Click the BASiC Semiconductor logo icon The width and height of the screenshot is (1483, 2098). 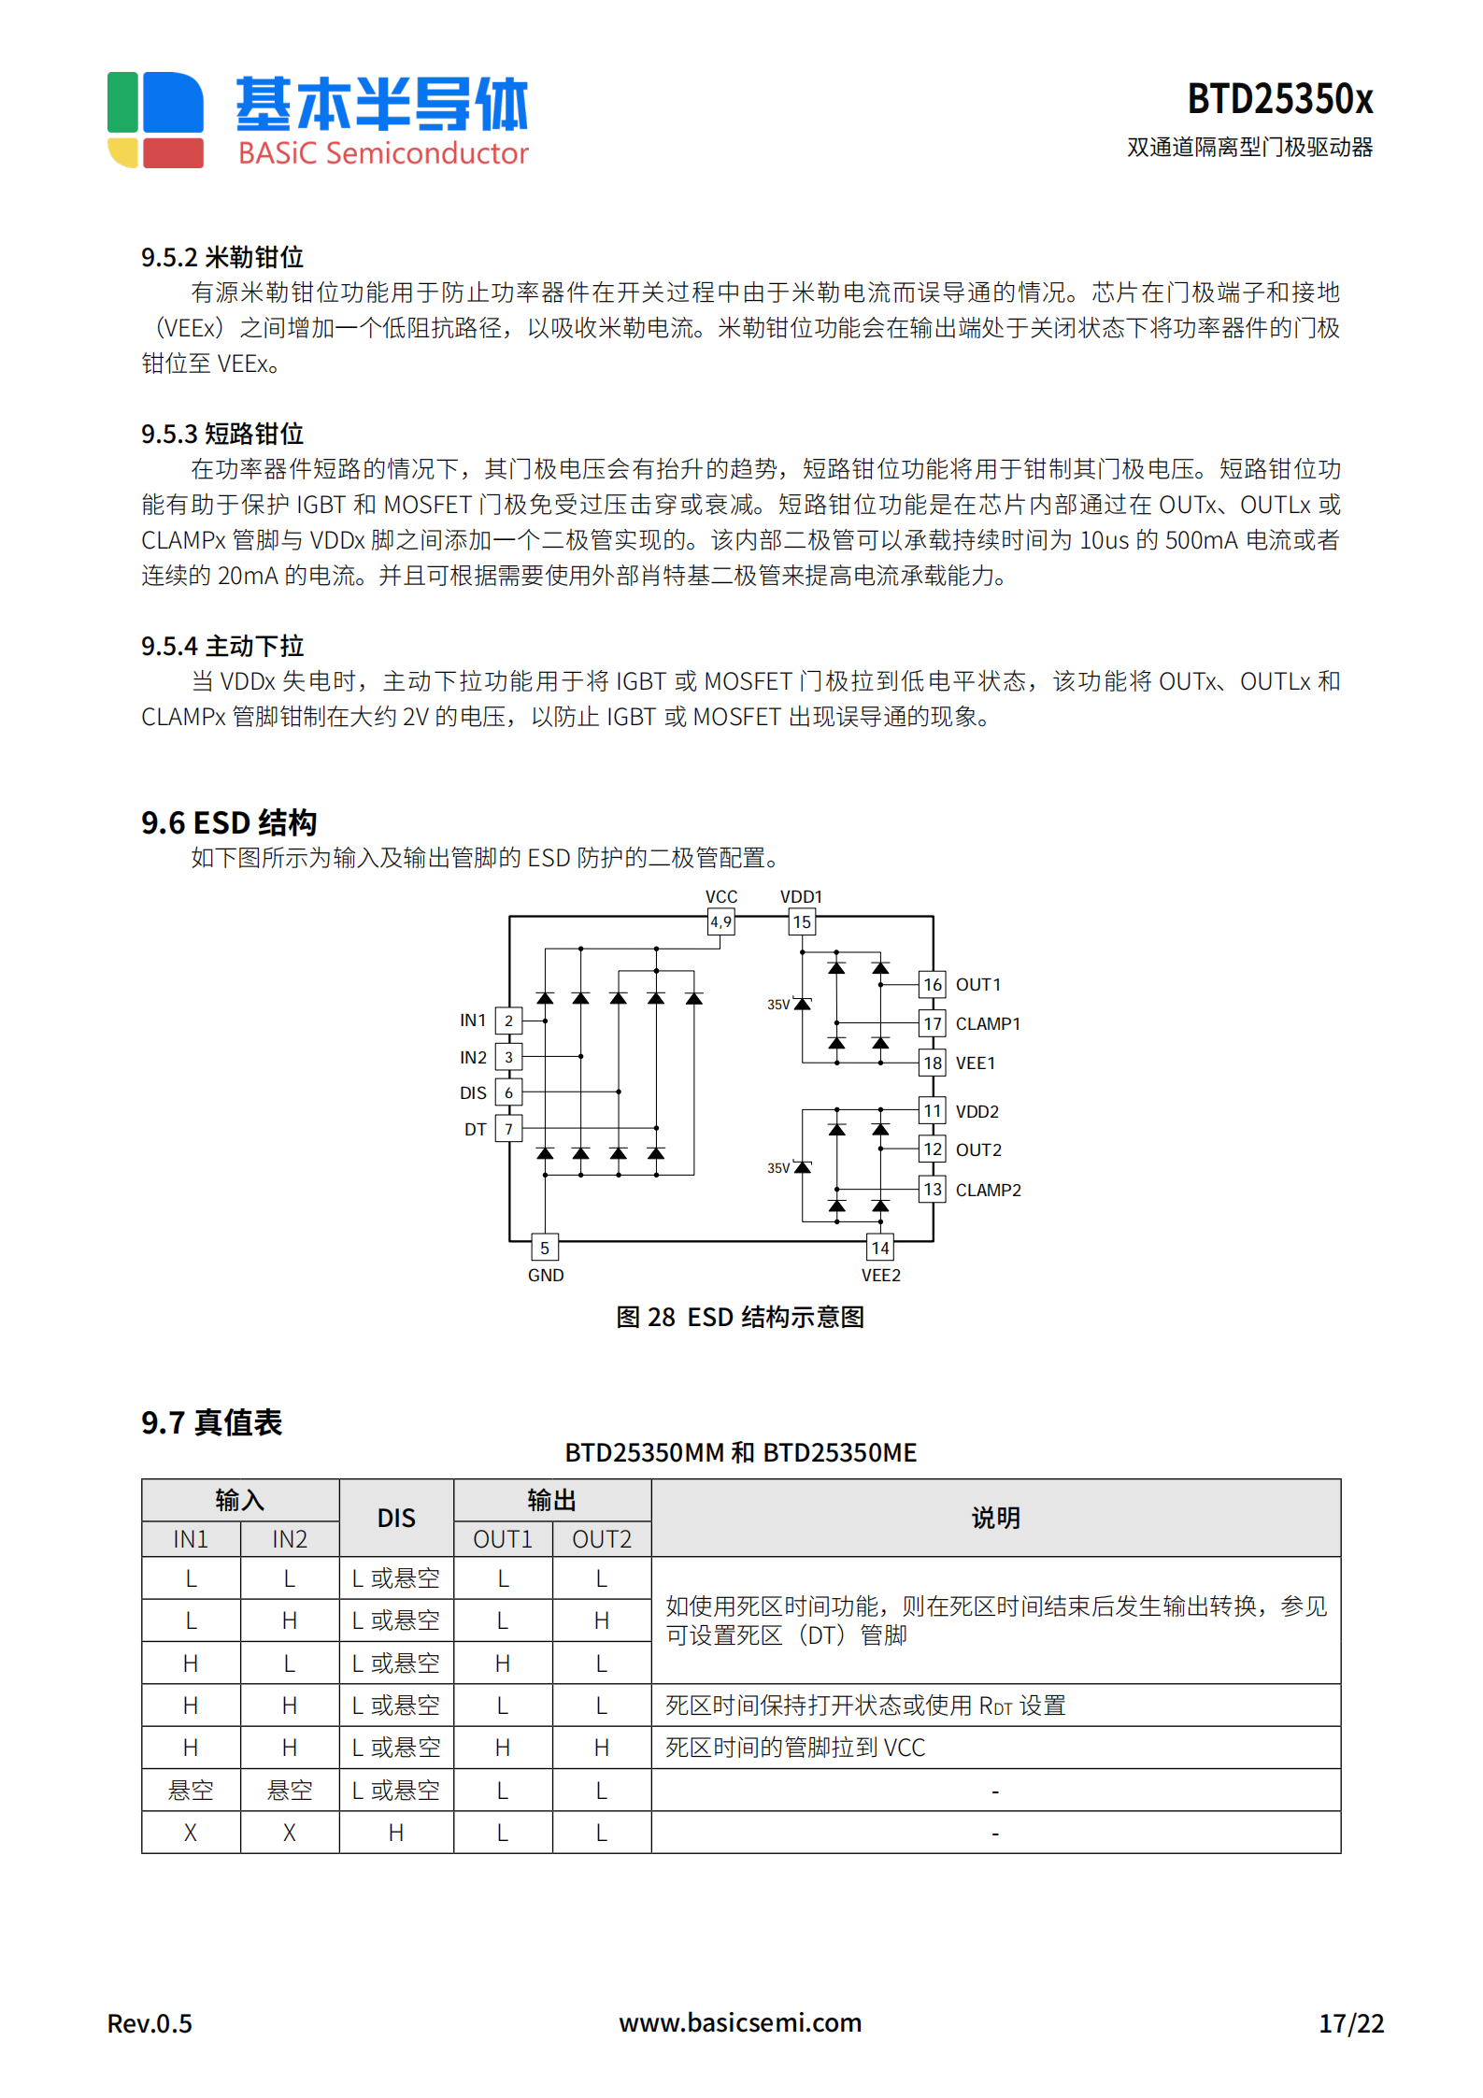[x=155, y=120]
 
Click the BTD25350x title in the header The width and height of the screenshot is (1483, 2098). [x=1279, y=99]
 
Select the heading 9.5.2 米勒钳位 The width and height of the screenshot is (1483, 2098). [x=222, y=257]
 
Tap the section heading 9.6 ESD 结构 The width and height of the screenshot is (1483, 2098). [x=229, y=822]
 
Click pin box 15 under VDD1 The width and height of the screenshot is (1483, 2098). [x=802, y=922]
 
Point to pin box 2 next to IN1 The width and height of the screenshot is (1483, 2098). [x=508, y=1020]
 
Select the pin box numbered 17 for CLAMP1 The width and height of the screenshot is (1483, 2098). [x=933, y=1023]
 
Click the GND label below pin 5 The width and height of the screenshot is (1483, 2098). [x=546, y=1276]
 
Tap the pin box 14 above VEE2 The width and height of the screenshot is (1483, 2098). [x=880, y=1248]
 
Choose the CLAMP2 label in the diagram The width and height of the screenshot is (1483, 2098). [x=988, y=1190]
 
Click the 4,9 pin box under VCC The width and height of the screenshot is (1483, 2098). [x=720, y=922]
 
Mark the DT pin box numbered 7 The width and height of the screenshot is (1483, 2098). [x=508, y=1129]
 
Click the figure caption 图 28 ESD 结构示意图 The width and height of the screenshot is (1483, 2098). [x=740, y=1317]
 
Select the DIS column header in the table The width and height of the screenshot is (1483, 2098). [x=396, y=1518]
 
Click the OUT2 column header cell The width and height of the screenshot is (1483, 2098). [x=602, y=1539]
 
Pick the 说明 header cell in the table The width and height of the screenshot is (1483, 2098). [x=995, y=1518]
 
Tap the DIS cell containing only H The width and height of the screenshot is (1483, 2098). [x=396, y=1833]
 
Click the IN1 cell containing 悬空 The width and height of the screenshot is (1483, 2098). [x=191, y=1791]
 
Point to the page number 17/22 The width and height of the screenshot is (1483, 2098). [x=1350, y=2023]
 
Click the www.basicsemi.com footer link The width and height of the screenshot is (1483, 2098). [x=740, y=2022]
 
